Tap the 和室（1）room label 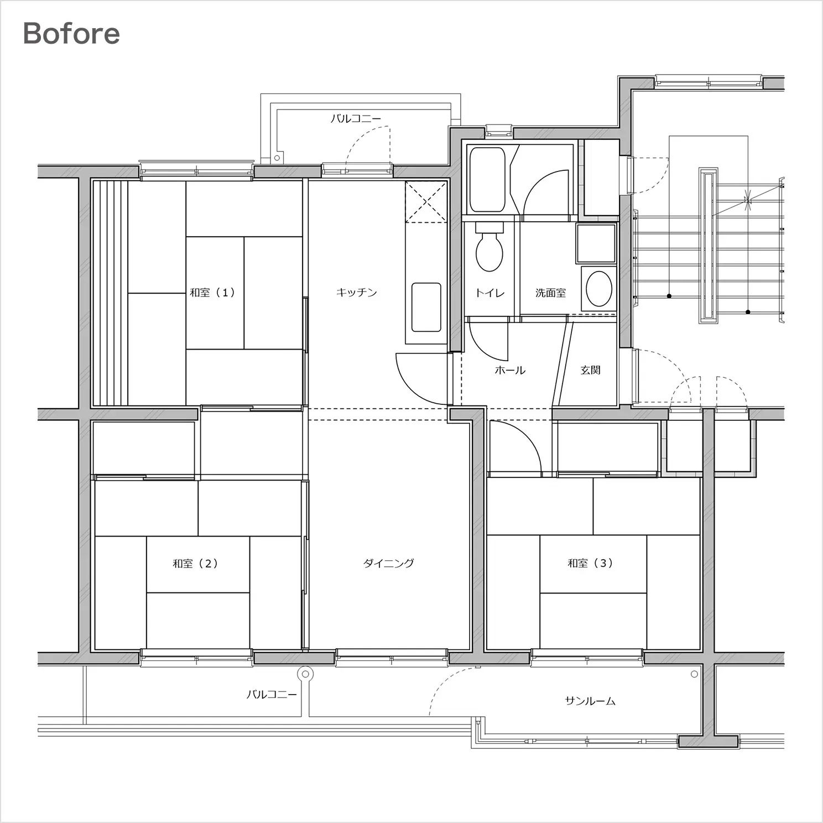[212, 292]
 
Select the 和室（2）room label [195, 564]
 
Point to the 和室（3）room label [590, 563]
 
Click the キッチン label [357, 292]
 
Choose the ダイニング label [388, 563]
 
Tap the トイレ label [490, 293]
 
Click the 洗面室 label [550, 293]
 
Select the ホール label [510, 370]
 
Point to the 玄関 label [590, 369]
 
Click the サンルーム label [590, 701]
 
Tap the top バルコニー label [356, 118]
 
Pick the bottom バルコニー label [272, 694]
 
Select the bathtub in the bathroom [487, 179]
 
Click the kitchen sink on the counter [426, 308]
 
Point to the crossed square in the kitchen [426, 201]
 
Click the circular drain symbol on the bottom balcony [305, 674]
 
